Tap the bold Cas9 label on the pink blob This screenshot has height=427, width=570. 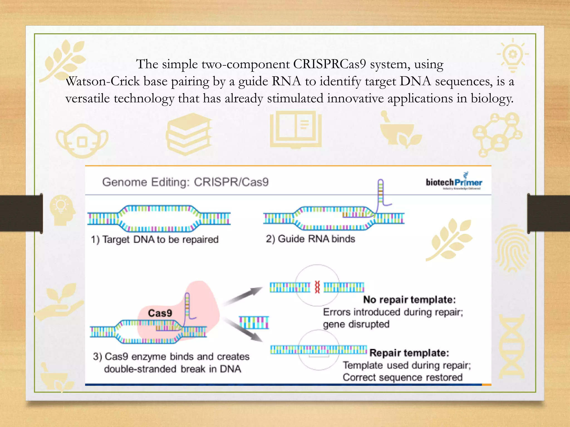point(160,313)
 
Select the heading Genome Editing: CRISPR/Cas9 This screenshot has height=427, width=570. point(185,182)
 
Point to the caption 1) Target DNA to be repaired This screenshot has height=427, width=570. point(155,239)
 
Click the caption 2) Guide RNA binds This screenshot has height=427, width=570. point(310,239)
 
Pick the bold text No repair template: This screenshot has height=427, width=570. point(409,300)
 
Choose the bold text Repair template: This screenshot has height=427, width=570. point(409,353)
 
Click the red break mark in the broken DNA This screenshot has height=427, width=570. point(317,287)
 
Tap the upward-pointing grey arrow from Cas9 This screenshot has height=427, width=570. point(244,296)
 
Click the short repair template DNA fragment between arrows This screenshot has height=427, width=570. point(254,322)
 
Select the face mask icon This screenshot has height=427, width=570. point(82,141)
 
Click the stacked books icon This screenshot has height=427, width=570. point(189,134)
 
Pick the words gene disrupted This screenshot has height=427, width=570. point(356,324)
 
